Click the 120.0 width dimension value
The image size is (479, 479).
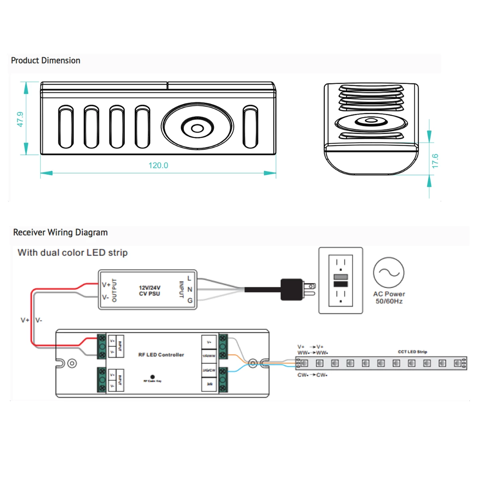coord(158,166)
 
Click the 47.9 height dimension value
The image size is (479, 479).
coord(20,119)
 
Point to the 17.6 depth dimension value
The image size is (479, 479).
coord(435,160)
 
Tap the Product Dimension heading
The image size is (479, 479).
coord(46,61)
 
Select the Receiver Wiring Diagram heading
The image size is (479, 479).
coord(60,232)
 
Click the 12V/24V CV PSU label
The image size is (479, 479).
coord(150,291)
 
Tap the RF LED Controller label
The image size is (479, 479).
coord(161,354)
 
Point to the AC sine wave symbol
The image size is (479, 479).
coord(388,273)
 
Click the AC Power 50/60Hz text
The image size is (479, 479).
coord(389,297)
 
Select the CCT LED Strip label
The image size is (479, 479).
coord(412,352)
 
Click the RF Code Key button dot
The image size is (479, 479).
coord(152,377)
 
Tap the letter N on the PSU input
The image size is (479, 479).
coord(190,289)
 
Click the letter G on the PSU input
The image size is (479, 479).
coord(190,300)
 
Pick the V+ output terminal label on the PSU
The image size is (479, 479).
coord(106,285)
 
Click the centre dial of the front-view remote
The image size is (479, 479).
coord(197,128)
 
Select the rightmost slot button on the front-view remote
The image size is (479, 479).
coord(251,127)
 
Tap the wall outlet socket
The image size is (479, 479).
coord(340,280)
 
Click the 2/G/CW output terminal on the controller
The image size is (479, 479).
coord(209,370)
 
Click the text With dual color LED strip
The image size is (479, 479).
coord(73,253)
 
